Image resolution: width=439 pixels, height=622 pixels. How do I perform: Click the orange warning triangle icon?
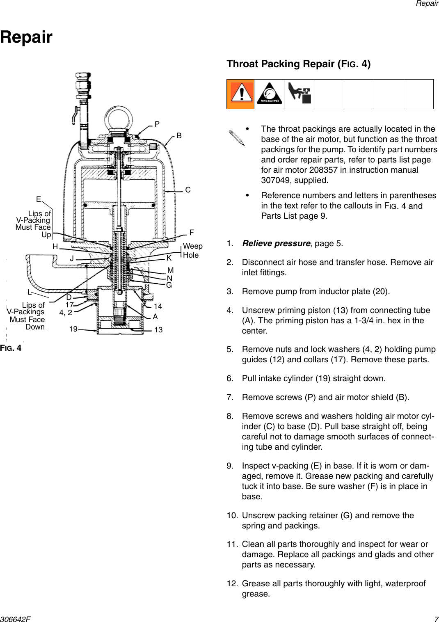click(241, 94)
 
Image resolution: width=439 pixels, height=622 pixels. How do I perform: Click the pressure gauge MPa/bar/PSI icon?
click(269, 94)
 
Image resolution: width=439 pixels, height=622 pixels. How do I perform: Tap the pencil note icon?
click(237, 138)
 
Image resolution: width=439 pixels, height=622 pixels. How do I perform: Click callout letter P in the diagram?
click(157, 124)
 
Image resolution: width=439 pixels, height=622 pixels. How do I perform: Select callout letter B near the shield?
click(179, 136)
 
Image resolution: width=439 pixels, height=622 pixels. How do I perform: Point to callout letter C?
click(187, 190)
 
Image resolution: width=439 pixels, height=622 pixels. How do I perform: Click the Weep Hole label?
click(192, 250)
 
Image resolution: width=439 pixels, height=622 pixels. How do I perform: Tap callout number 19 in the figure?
click(73, 329)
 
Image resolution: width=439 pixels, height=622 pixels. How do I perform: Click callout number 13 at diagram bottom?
click(158, 330)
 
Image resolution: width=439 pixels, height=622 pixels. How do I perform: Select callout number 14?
click(158, 306)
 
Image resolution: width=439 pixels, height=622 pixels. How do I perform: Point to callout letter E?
click(39, 199)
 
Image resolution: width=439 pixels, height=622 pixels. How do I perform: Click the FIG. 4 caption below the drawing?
click(11, 348)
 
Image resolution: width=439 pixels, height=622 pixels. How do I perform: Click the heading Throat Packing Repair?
click(298, 64)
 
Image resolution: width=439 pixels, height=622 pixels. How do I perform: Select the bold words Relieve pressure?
click(276, 243)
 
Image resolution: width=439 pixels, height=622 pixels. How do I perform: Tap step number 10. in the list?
click(232, 515)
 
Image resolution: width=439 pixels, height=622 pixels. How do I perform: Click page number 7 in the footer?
click(436, 619)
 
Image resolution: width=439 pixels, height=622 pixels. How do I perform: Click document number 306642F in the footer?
click(15, 619)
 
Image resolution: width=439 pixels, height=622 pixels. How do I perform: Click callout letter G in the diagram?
click(169, 285)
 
